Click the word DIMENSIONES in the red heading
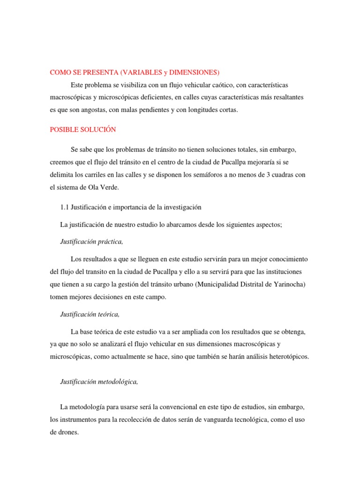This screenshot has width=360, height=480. pos(194,72)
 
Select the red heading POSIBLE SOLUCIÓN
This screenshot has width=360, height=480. pos(83,129)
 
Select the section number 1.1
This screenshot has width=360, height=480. pos(65,207)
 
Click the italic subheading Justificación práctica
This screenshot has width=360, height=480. pos(92,241)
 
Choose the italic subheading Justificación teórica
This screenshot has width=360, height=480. pos(90,315)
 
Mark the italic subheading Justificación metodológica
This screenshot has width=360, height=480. pos(99,382)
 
